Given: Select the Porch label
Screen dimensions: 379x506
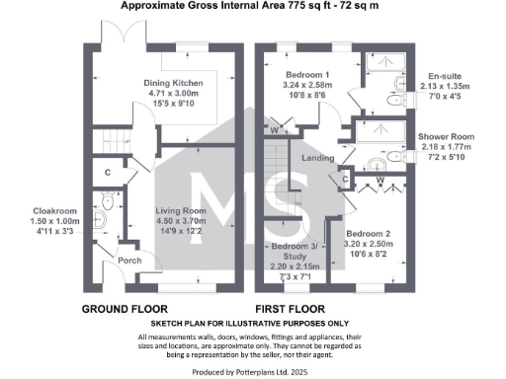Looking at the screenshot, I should point(129,262).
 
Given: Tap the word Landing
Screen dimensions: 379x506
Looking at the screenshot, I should point(316,155).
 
